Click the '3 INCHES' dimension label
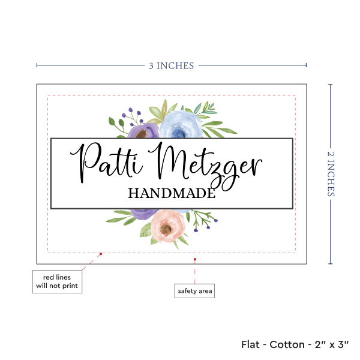[171, 65]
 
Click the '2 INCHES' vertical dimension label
[331, 173]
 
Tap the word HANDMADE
[171, 193]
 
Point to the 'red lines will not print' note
[57, 281]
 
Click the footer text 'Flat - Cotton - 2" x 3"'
[295, 344]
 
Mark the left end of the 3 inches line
[37, 65]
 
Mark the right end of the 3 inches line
[306, 65]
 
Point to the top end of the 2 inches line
[331, 85]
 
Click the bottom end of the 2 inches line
[331, 263]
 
